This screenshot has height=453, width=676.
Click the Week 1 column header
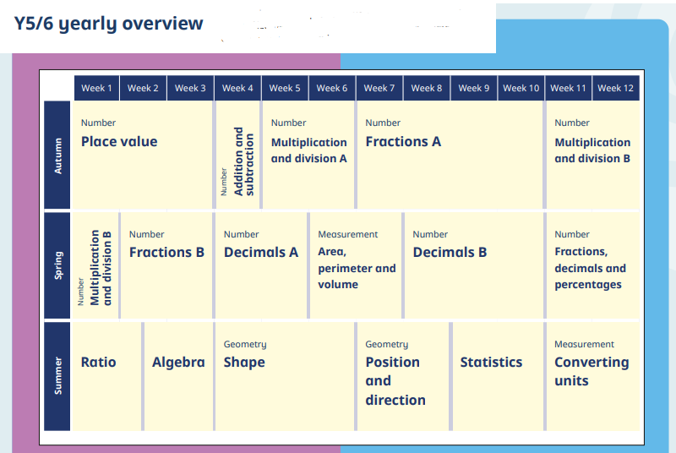[96, 89]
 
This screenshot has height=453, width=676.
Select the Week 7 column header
[379, 89]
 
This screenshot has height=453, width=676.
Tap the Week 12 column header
[616, 89]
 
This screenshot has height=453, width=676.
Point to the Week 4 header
[237, 89]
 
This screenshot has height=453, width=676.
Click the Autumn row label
[57, 156]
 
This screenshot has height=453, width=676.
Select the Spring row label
[57, 265]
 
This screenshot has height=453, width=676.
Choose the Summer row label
[57, 376]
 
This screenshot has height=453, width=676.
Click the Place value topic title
[119, 142]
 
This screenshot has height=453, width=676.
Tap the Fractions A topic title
[403, 141]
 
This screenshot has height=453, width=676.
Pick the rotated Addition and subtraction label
[243, 161]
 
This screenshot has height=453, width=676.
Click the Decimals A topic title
[261, 252]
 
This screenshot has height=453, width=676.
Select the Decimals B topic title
[450, 252]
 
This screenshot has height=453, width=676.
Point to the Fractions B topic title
[166, 252]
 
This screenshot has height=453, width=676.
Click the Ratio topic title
[99, 362]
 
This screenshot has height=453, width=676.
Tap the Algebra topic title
[178, 363]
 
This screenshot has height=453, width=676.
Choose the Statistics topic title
[491, 362]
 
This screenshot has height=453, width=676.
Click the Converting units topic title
[591, 372]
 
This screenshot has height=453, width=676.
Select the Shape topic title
[244, 363]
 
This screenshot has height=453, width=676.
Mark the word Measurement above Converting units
[584, 344]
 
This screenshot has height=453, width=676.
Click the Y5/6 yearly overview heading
[108, 24]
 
